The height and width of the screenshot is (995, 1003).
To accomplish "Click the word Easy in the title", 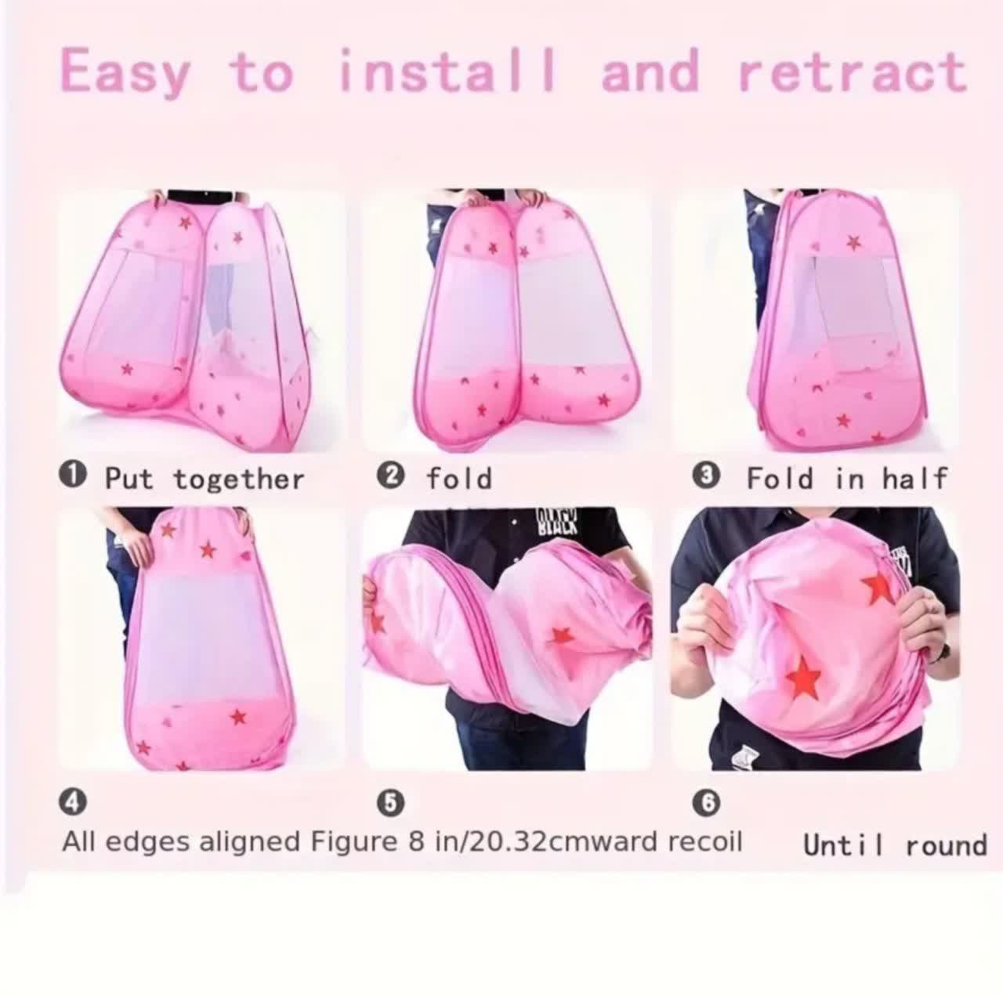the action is [x=125, y=74].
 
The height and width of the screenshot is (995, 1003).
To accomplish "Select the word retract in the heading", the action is [x=853, y=74].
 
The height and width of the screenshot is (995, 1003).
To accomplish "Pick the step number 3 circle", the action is [x=708, y=476].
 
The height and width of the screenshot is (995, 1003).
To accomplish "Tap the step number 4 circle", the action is [x=73, y=802].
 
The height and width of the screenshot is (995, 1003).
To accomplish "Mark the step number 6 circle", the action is [x=708, y=802].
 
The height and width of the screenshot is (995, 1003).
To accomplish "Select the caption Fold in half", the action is [x=847, y=478].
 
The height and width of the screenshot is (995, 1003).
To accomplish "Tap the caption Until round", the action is [x=895, y=845].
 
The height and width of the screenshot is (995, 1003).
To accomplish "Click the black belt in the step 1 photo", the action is [x=204, y=195].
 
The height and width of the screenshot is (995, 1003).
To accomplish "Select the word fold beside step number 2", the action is [x=458, y=478].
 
